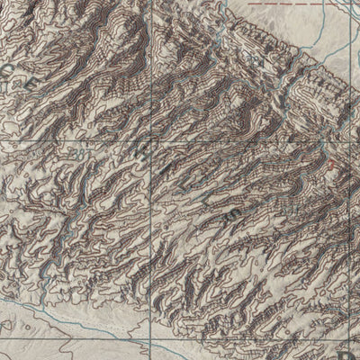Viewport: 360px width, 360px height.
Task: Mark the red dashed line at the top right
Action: point(288,4)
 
